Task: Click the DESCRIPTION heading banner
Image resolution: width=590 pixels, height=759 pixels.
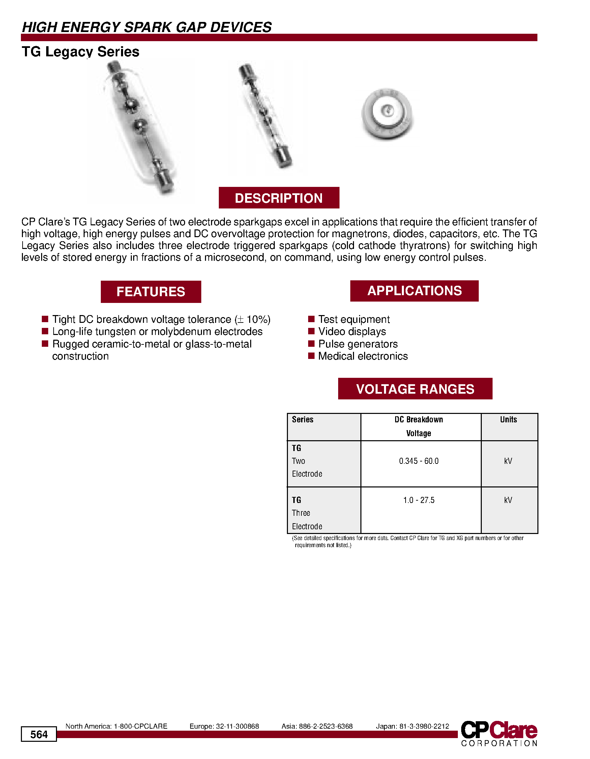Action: coord(278,198)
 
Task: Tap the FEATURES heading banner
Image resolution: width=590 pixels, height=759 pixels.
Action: coord(151,291)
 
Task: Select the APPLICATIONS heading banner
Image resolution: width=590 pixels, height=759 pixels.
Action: coord(414,291)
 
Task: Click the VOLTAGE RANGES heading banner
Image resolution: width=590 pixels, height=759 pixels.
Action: coord(415,389)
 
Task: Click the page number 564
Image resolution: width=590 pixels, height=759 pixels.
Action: coord(38,734)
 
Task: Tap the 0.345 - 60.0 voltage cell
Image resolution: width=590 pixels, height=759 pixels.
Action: coord(418,461)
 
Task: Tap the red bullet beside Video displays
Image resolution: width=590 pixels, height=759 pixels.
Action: coord(311,331)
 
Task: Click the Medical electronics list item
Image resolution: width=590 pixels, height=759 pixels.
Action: coord(363,356)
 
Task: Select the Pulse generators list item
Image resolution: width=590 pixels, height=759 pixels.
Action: coord(358,344)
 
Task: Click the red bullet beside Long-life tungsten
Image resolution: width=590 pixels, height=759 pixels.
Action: coord(45,331)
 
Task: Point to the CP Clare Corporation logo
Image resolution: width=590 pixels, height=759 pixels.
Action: coord(499,733)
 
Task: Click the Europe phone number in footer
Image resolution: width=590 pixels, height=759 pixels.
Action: coord(224,726)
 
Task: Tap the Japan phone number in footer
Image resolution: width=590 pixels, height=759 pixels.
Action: coord(412,726)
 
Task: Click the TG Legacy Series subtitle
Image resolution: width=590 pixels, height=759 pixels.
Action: coord(80,52)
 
